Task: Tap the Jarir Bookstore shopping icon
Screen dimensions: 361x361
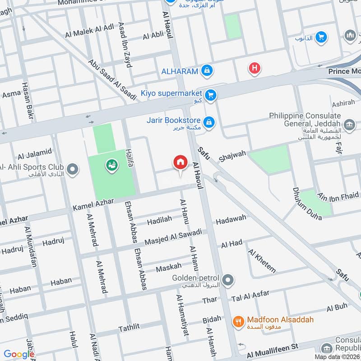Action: point(208,122)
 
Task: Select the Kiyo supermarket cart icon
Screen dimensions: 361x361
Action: point(210,95)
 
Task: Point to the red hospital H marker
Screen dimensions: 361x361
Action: point(255,69)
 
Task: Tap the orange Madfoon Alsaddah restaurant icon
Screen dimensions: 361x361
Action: point(238,321)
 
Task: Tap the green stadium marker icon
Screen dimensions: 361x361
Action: point(111,166)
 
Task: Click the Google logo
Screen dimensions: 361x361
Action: point(19,354)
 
